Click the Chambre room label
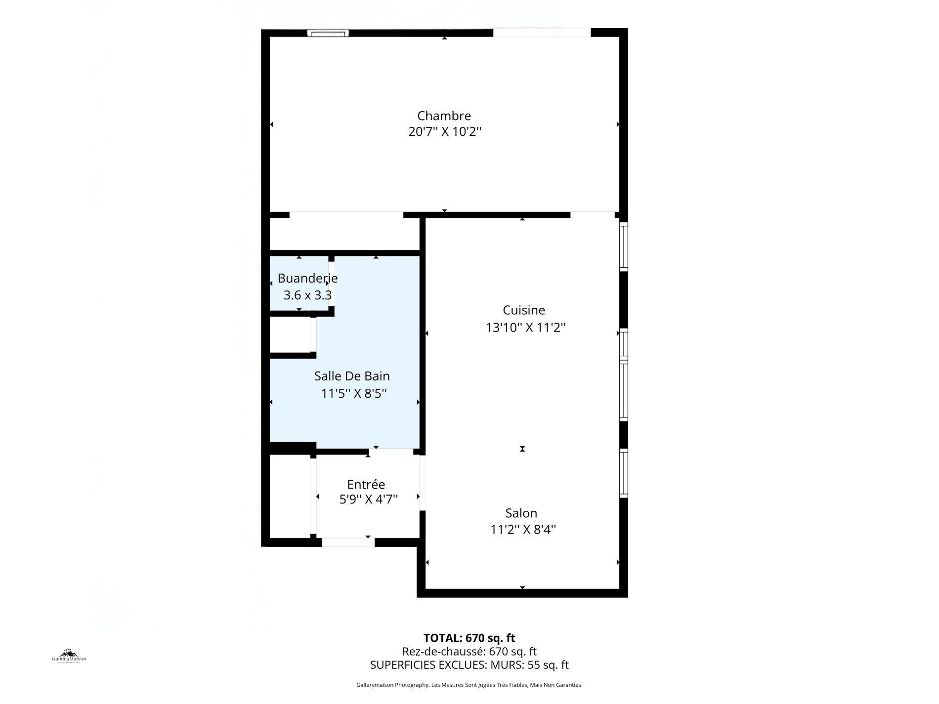(444, 116)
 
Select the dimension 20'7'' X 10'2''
(444, 132)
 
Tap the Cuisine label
(524, 310)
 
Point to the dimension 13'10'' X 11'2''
(525, 327)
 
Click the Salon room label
(521, 513)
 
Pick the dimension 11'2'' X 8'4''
(523, 530)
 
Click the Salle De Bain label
(352, 376)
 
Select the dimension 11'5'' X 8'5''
(353, 393)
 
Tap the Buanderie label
(307, 278)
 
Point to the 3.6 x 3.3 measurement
(307, 295)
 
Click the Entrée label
(366, 484)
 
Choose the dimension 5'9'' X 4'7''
(368, 499)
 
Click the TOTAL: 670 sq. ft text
(469, 638)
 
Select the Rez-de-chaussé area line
(469, 652)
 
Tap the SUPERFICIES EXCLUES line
(469, 665)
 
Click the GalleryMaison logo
(69, 656)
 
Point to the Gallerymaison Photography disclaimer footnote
(469, 685)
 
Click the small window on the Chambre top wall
(328, 33)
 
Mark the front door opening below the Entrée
(348, 542)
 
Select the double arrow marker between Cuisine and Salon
(522, 449)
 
